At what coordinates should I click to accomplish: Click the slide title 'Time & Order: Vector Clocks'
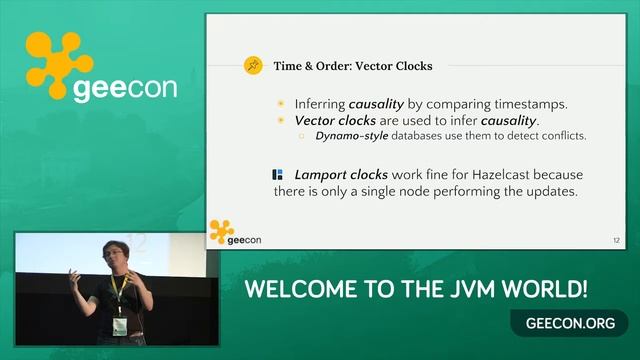353,66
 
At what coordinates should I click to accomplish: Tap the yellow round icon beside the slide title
254,66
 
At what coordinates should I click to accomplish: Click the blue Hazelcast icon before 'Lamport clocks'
278,174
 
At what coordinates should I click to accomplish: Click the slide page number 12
616,241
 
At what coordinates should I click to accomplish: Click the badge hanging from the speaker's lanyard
120,326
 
